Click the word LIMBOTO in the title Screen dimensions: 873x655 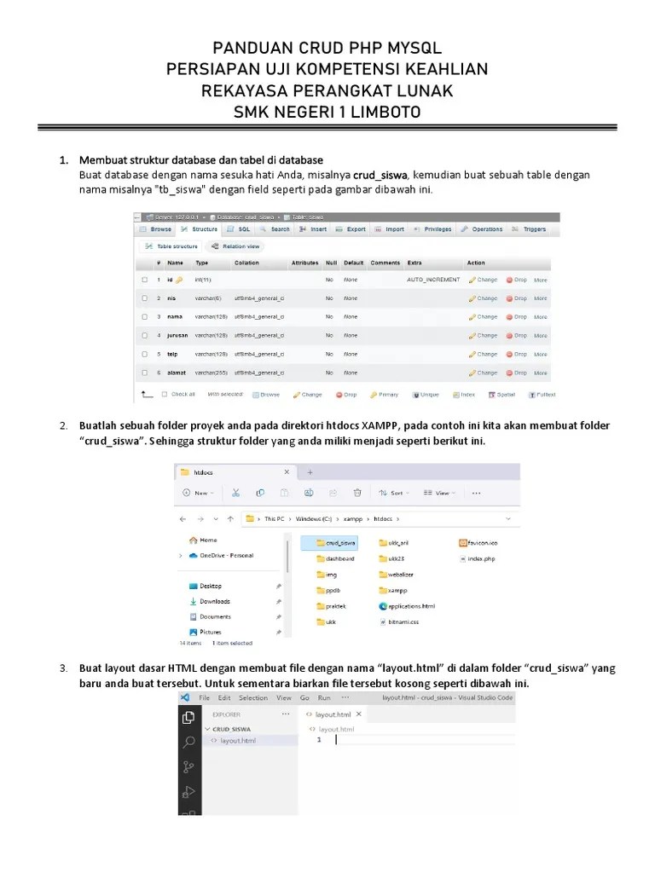tap(380, 113)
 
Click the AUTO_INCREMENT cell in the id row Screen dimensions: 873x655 tap(433, 280)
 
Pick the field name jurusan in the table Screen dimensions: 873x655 tap(177, 335)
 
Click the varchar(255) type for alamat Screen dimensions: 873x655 tap(209, 373)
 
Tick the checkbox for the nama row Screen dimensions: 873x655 tap(146, 317)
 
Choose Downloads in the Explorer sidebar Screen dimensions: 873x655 tap(214, 601)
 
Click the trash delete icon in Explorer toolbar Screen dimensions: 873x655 tap(357, 493)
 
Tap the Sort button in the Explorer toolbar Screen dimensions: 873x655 tap(392, 493)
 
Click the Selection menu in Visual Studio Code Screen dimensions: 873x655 tap(253, 697)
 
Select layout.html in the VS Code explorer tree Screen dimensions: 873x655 tap(237, 741)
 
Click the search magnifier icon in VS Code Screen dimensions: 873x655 tap(188, 743)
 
